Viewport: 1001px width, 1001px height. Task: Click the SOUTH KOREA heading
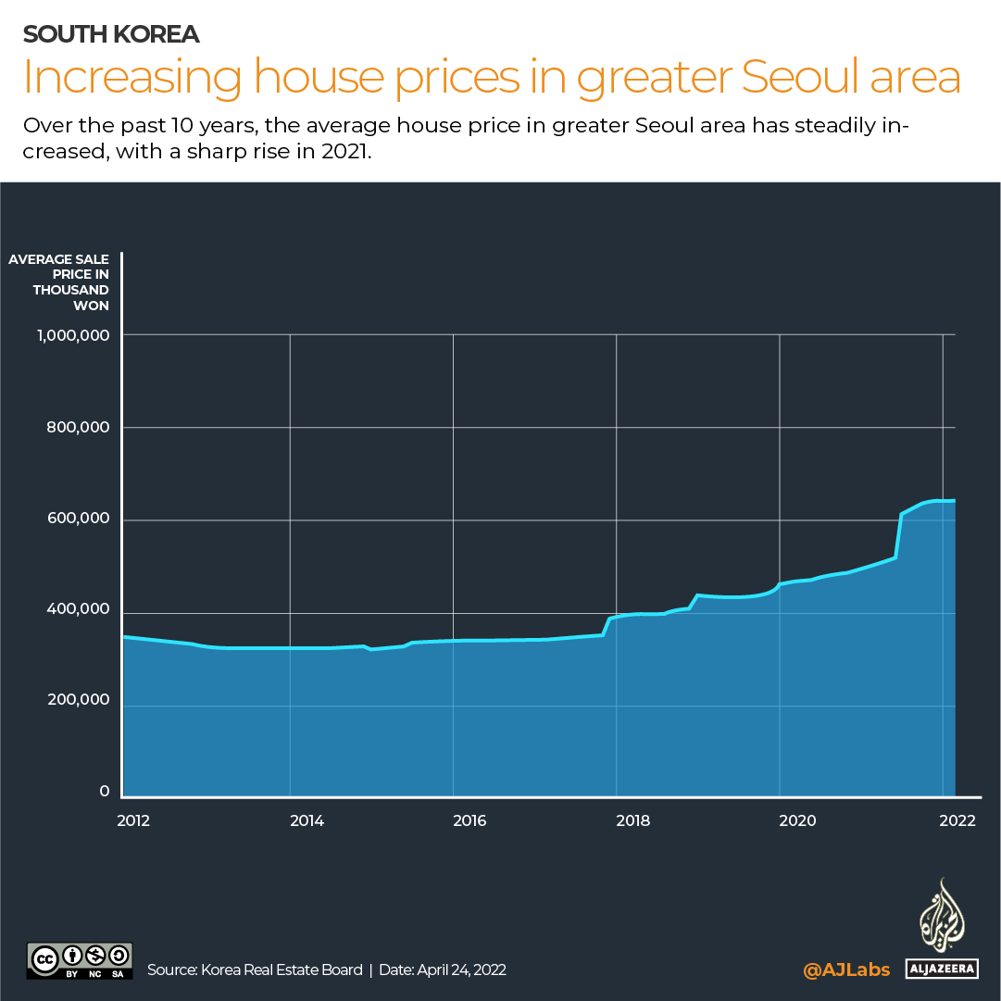[x=111, y=34]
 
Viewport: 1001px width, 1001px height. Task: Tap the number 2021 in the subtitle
[x=344, y=151]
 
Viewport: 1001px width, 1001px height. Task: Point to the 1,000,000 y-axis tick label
[x=73, y=335]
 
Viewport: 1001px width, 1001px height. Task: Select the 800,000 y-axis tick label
[x=78, y=428]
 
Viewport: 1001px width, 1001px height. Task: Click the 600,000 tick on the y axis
[x=78, y=519]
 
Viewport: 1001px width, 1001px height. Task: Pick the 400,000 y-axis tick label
[x=78, y=609]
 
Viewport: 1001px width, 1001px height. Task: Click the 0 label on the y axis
[x=104, y=792]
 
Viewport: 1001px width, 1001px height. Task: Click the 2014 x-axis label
[x=307, y=820]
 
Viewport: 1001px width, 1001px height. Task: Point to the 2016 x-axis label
[x=469, y=820]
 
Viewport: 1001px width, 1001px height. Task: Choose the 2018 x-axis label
[x=632, y=820]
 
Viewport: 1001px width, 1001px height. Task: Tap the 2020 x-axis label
[x=796, y=820]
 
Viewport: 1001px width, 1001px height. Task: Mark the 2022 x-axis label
[x=957, y=820]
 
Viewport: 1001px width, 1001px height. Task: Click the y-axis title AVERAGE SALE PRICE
[x=59, y=282]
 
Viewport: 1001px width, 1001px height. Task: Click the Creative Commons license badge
[x=80, y=960]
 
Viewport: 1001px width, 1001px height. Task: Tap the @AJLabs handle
[x=846, y=970]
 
